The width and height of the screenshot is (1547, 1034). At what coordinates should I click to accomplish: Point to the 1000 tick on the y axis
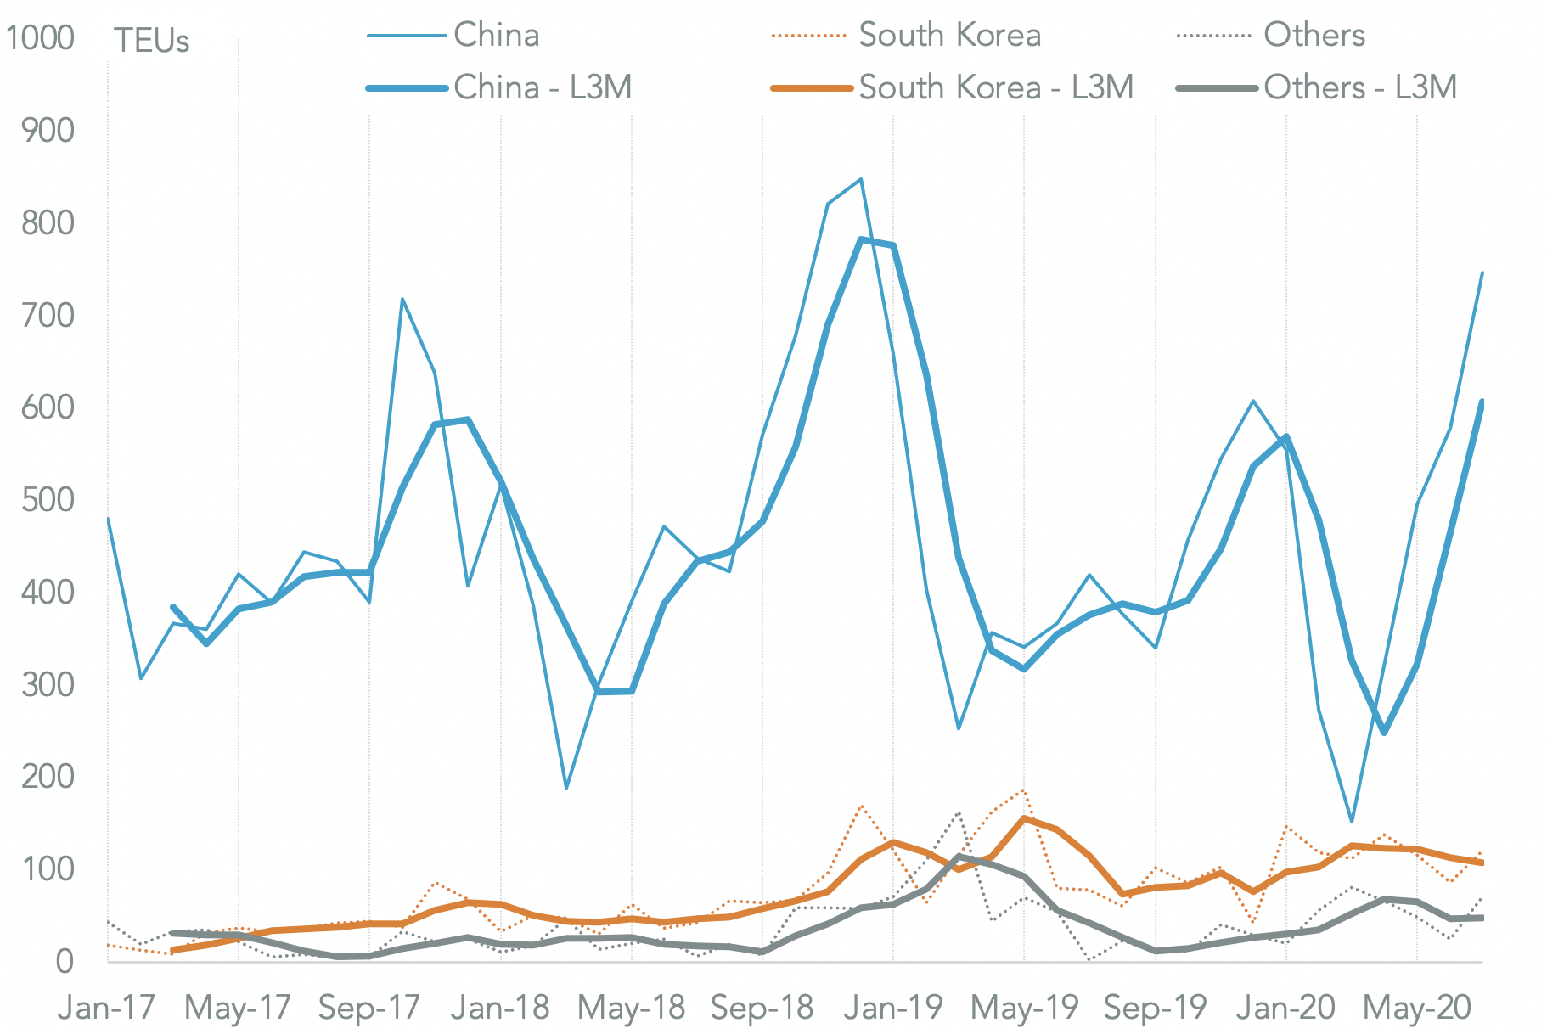pyautogui.click(x=40, y=38)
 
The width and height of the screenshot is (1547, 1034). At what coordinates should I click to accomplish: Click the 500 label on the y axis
pyautogui.click(x=48, y=500)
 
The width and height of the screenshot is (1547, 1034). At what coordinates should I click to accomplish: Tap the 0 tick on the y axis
pyautogui.click(x=65, y=962)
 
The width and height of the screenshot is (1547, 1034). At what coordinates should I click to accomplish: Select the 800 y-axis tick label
pyautogui.click(x=48, y=223)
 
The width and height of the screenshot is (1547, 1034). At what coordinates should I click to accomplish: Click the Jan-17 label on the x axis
pyautogui.click(x=106, y=1008)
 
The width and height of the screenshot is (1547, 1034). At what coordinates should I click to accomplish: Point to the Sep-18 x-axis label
pyautogui.click(x=762, y=1008)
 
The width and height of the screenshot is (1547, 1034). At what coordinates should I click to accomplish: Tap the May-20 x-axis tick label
pyautogui.click(x=1416, y=1008)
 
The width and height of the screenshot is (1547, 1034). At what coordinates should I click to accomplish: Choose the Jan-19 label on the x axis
pyautogui.click(x=893, y=1008)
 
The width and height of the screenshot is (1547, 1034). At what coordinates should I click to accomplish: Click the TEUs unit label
pyautogui.click(x=151, y=41)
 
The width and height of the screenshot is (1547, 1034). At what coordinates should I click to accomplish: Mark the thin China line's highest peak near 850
pyautogui.click(x=861, y=179)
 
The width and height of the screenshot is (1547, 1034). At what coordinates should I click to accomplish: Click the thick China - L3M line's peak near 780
pyautogui.click(x=861, y=239)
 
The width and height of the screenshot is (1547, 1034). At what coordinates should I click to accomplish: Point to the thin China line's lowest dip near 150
pyautogui.click(x=1352, y=822)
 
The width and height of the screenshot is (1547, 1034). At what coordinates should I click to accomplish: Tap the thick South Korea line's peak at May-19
pyautogui.click(x=1025, y=818)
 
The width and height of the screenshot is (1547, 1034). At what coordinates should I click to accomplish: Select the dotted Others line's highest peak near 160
pyautogui.click(x=959, y=812)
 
